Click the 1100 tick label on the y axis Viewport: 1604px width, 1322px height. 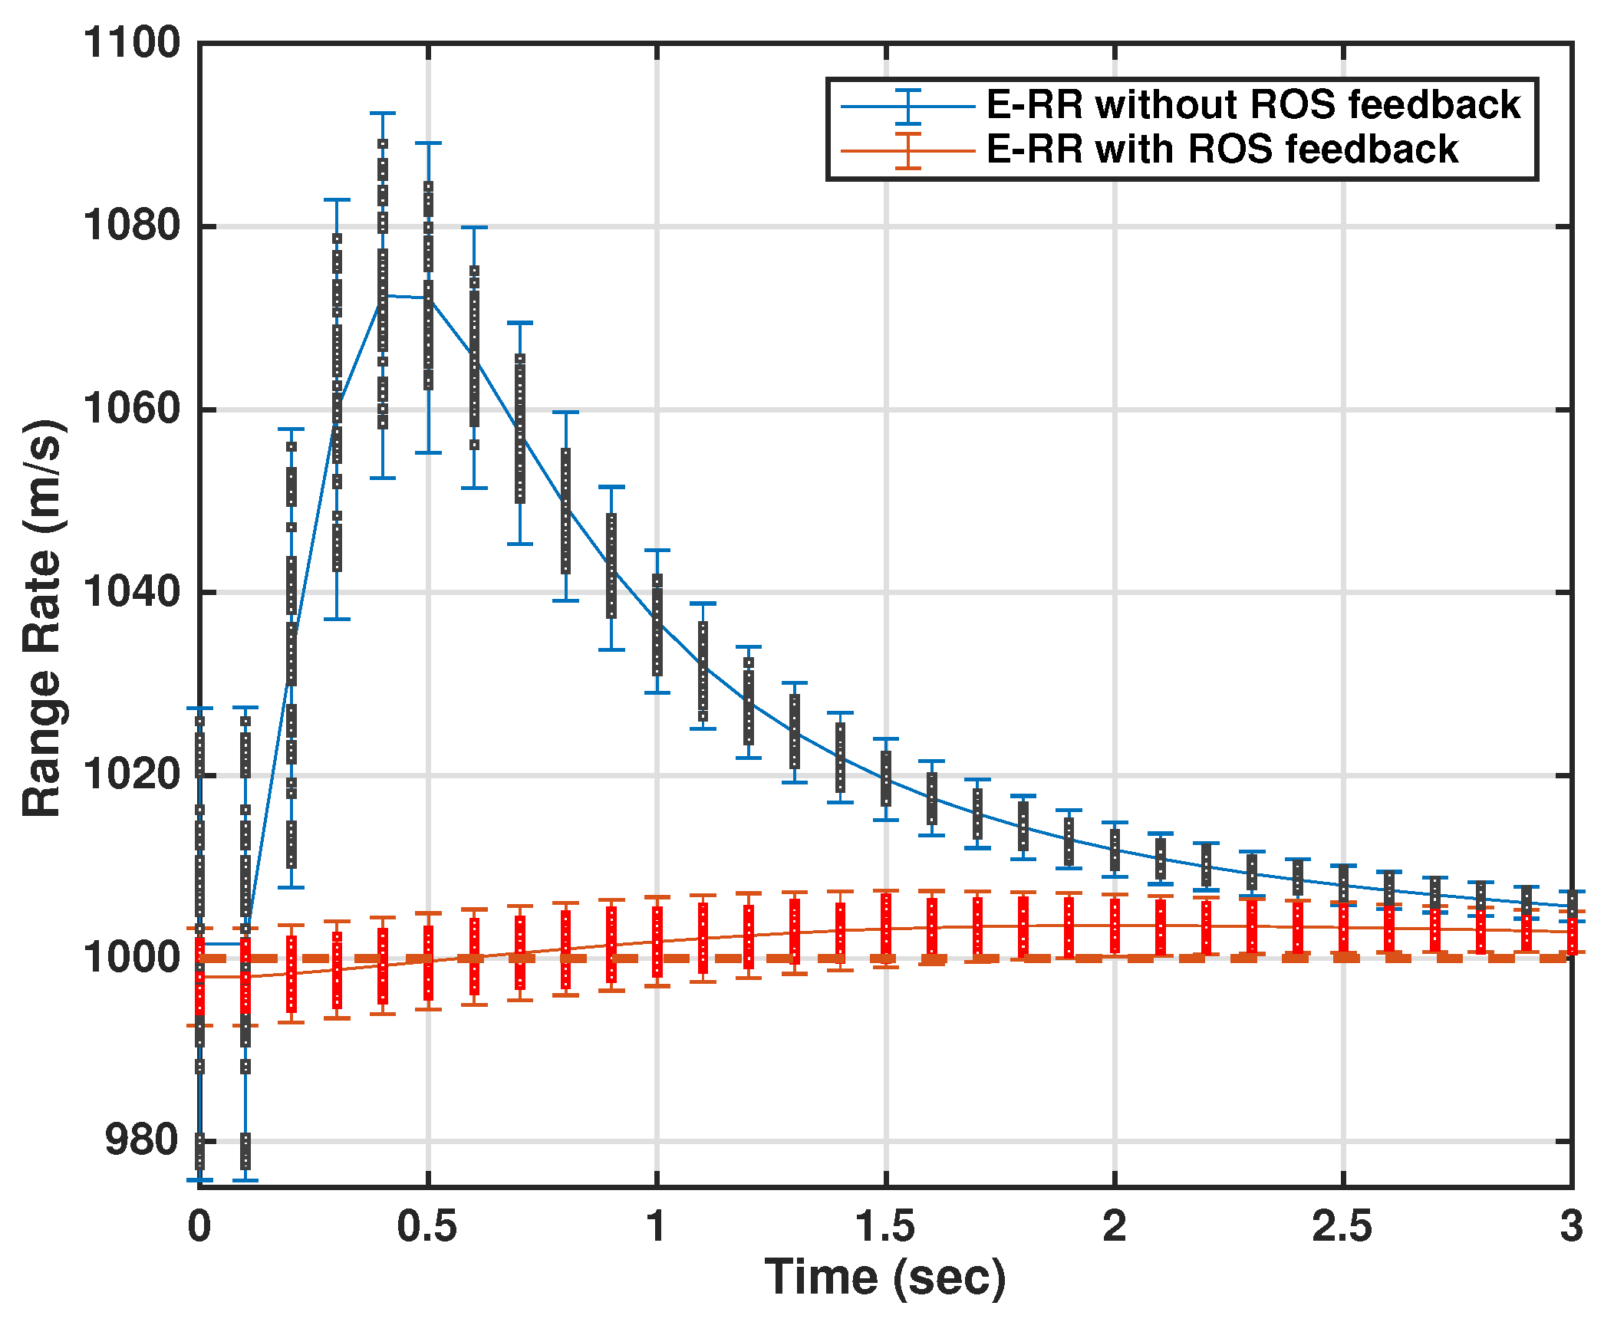tap(131, 43)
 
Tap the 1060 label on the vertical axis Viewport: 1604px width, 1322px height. tap(131, 409)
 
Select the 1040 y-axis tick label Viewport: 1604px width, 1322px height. tap(131, 592)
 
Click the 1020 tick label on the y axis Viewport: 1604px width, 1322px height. tap(131, 774)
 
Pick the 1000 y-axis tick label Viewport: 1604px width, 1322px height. tap(131, 958)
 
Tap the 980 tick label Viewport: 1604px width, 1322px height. tap(142, 1140)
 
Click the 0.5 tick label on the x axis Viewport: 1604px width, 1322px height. tap(427, 1226)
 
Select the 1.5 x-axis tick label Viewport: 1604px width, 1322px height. tap(885, 1226)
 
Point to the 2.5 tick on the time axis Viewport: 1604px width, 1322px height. tap(1342, 1226)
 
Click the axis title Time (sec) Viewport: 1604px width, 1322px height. tap(885, 1278)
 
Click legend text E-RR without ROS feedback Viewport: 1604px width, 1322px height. tap(1253, 105)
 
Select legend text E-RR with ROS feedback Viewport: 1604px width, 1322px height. tap(1222, 150)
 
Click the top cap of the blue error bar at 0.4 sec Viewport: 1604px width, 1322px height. tap(383, 113)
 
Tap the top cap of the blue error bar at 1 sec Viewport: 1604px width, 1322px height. tap(657, 551)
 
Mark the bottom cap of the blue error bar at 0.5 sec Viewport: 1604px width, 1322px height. tap(428, 453)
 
